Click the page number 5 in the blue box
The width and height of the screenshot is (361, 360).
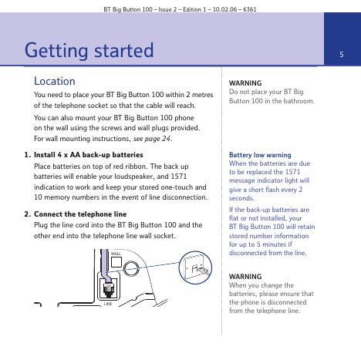(x=342, y=54)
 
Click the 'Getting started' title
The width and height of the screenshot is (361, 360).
(x=89, y=51)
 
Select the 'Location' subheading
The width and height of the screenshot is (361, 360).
(x=55, y=81)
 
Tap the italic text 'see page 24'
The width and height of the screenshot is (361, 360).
(x=152, y=139)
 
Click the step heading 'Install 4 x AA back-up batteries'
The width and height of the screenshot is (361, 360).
(x=89, y=155)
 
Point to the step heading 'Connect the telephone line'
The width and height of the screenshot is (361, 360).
(x=80, y=214)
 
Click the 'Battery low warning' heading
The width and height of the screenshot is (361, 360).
(x=260, y=155)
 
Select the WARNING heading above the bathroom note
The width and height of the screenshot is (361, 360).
(x=245, y=83)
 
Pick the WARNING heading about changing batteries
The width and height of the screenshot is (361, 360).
(x=245, y=277)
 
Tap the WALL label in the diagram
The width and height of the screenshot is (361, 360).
(x=116, y=254)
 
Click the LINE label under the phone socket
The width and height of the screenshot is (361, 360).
(x=108, y=304)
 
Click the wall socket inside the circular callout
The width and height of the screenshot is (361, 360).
(x=195, y=268)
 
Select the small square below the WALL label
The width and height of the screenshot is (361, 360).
(x=116, y=262)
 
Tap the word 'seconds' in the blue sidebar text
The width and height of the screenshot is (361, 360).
(x=241, y=198)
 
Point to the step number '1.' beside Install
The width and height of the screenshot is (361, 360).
(x=28, y=155)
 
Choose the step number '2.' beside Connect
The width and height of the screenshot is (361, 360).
(x=28, y=214)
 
